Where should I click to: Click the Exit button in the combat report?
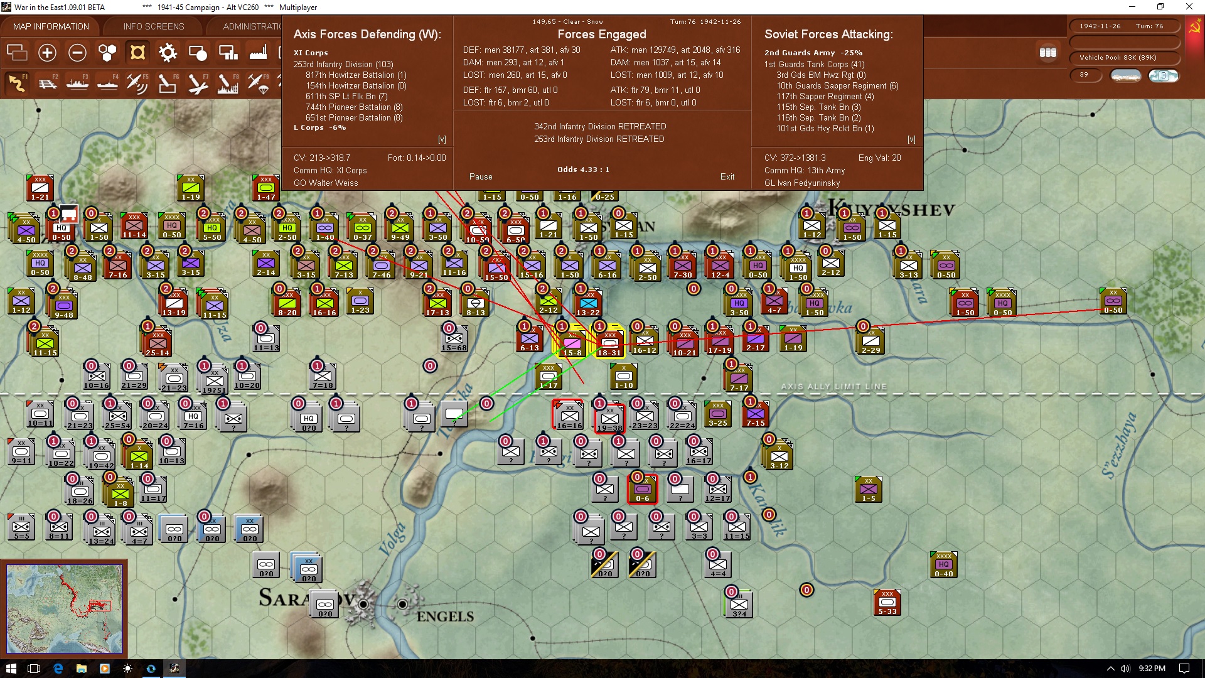point(727,176)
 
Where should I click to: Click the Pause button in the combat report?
point(481,176)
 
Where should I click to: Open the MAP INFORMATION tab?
point(51,26)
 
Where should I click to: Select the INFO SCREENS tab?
point(154,26)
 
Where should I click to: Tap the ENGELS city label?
point(445,616)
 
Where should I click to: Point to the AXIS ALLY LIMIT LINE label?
point(833,387)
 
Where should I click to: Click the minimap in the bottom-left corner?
point(64,608)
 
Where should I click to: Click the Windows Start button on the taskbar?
point(11,669)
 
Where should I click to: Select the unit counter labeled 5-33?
point(887,602)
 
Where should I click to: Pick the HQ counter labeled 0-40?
point(943,564)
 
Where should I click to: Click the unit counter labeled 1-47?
point(266,188)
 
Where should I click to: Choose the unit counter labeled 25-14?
point(158,343)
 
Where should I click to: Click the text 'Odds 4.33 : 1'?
point(583,169)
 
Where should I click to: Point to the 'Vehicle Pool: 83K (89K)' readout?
point(1118,58)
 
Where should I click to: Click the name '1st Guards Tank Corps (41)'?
point(814,64)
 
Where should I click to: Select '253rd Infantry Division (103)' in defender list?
point(343,64)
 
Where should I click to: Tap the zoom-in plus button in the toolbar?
point(47,53)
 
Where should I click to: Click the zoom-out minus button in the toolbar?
point(77,53)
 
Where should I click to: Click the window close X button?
point(1189,7)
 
